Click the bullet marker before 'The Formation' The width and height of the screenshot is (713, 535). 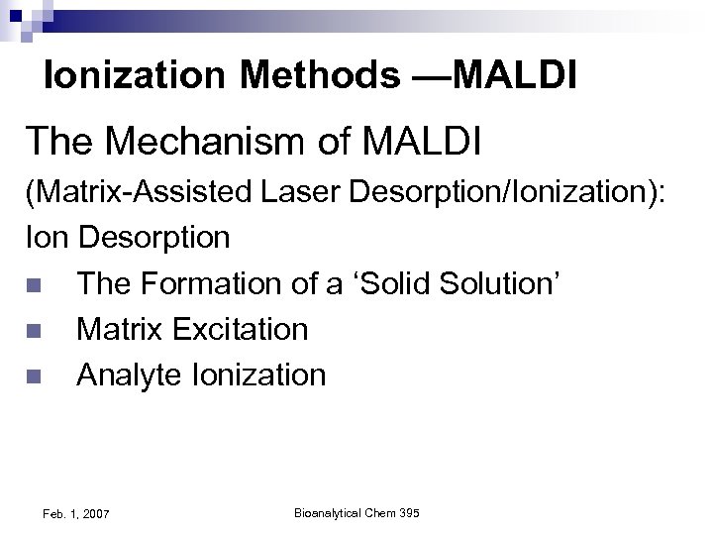click(x=36, y=285)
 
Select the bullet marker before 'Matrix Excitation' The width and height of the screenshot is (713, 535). click(x=36, y=331)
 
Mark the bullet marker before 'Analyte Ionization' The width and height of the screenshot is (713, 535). click(x=36, y=376)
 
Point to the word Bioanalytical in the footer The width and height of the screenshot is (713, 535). click(x=329, y=512)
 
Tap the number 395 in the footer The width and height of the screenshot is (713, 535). click(x=407, y=512)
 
